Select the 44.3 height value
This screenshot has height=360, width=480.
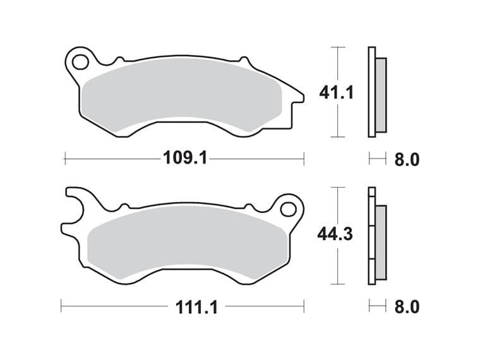335,234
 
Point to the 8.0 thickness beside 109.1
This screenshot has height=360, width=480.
406,159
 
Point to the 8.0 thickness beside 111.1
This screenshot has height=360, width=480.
406,308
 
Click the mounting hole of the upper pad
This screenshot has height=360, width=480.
80,62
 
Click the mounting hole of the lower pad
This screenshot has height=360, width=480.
289,208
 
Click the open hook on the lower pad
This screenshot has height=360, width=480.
75,208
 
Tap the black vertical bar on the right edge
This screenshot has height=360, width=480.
450,180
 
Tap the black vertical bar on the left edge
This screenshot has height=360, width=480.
30,180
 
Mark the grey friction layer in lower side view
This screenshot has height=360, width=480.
381,243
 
